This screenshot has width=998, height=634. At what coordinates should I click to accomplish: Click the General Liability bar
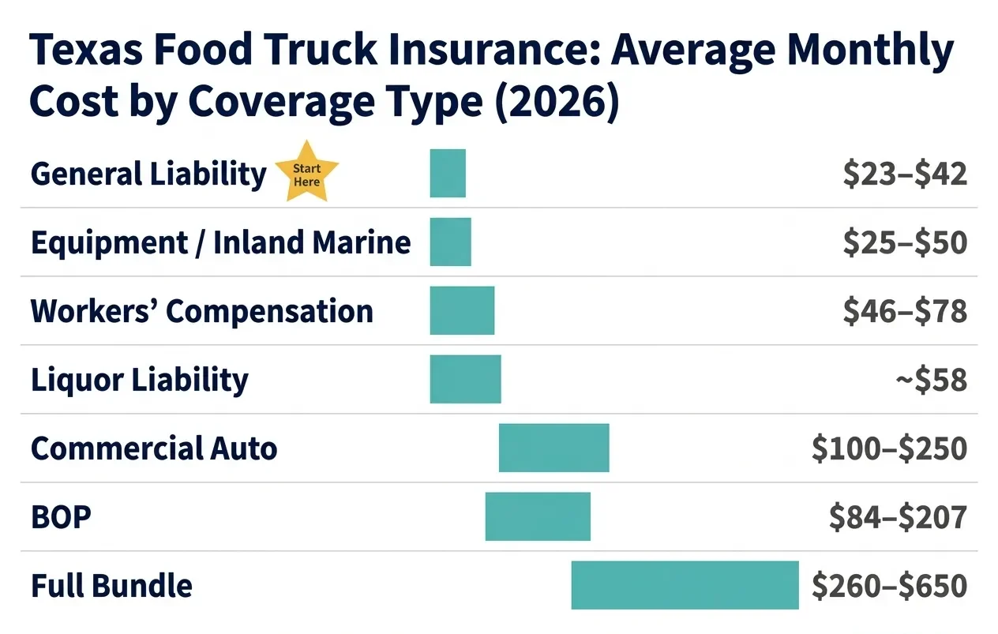(448, 173)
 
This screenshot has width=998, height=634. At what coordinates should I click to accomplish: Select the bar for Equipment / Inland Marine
(450, 242)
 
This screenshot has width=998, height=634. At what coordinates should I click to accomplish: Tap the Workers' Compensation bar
(462, 310)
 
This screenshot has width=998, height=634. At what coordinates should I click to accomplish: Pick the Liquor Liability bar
(465, 379)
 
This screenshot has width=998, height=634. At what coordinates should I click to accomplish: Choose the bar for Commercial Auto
(553, 448)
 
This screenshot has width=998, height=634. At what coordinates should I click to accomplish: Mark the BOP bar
(538, 516)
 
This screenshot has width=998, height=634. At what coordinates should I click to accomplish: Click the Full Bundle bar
(685, 585)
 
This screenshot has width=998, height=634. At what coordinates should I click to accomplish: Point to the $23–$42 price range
(904, 174)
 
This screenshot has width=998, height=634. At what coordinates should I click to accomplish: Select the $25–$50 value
(904, 242)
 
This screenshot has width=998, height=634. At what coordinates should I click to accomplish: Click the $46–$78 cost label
(904, 311)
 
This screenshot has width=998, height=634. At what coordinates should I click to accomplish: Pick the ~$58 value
(931, 380)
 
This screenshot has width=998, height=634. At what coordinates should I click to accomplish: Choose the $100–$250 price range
(889, 448)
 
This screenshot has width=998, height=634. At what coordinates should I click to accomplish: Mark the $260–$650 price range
(889, 586)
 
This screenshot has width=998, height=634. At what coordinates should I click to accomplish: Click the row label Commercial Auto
(154, 448)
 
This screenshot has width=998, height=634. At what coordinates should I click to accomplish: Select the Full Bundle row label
(111, 586)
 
